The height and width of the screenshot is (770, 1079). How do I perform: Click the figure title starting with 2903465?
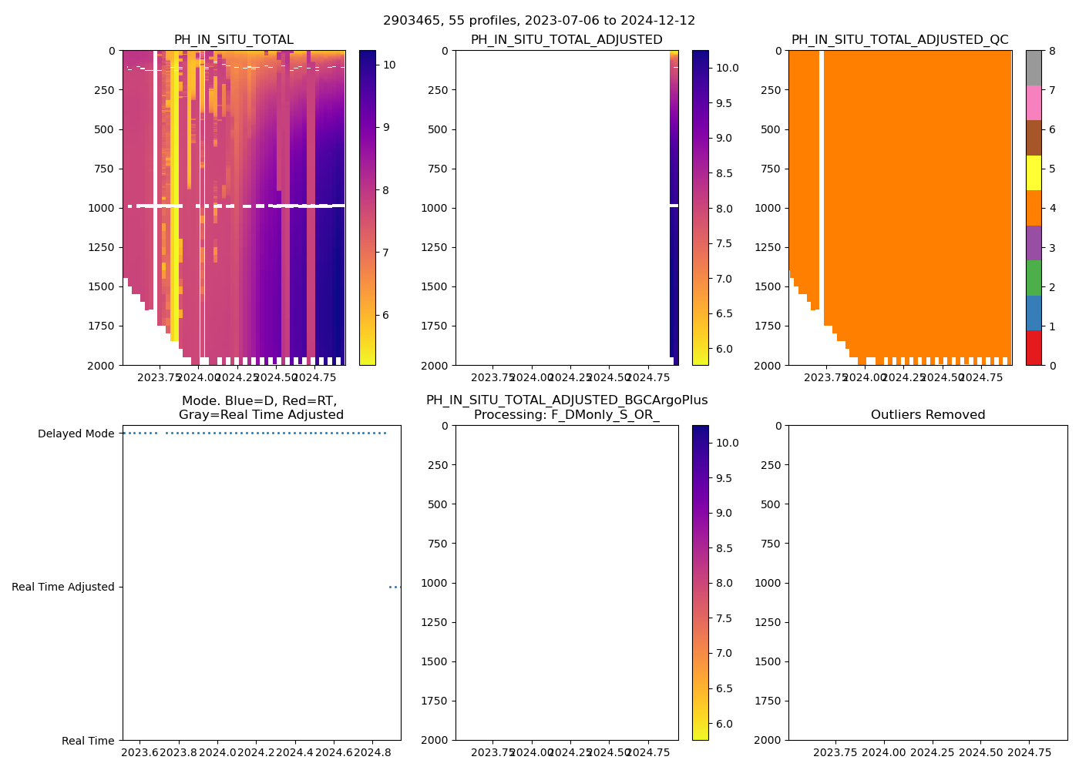pyautogui.click(x=539, y=21)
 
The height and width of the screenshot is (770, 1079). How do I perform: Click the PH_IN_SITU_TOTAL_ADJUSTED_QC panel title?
pyautogui.click(x=899, y=40)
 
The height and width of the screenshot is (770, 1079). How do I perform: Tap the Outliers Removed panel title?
pyautogui.click(x=927, y=415)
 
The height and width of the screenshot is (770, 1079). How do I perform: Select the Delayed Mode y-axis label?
pyautogui.click(x=76, y=434)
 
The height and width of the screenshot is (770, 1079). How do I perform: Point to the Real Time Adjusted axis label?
pyautogui.click(x=63, y=588)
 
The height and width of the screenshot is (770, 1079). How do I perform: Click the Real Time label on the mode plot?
pyautogui.click(x=88, y=741)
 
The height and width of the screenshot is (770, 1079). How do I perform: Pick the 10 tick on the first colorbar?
pyautogui.click(x=389, y=65)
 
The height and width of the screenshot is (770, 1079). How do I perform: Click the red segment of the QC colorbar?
pyautogui.click(x=1034, y=348)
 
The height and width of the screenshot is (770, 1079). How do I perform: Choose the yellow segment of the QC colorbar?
pyautogui.click(x=1034, y=173)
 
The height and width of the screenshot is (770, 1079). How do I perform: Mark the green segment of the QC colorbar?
pyautogui.click(x=1034, y=277)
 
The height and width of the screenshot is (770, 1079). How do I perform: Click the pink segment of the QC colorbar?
pyautogui.click(x=1034, y=102)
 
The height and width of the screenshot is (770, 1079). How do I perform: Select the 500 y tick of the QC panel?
pyautogui.click(x=771, y=129)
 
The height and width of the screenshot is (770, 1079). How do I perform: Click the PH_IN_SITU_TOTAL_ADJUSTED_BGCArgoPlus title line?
pyautogui.click(x=566, y=400)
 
